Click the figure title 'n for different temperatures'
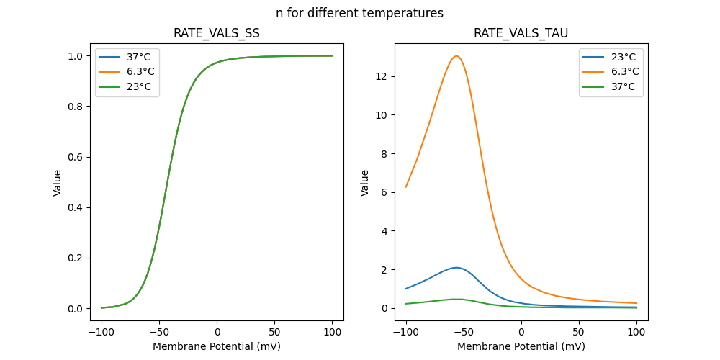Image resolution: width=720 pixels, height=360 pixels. click(x=359, y=13)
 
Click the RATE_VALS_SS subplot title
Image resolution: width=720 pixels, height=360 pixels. click(x=217, y=34)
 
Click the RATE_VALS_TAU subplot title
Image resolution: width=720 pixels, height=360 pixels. click(x=521, y=34)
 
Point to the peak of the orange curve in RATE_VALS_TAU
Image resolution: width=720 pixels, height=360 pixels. click(x=456, y=56)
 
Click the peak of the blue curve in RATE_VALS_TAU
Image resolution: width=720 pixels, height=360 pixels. click(x=456, y=267)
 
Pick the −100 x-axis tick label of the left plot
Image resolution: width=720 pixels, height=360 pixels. click(x=102, y=333)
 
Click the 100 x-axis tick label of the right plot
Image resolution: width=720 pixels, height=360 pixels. click(x=636, y=333)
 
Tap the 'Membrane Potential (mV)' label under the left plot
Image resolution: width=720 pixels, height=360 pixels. click(x=217, y=346)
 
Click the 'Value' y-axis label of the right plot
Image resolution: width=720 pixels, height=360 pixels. click(x=365, y=183)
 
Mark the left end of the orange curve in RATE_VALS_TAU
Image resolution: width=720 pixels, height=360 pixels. click(x=406, y=187)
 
